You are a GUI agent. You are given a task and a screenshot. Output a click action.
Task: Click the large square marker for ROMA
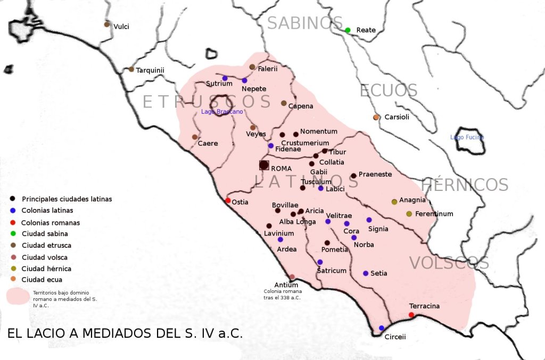tap(264, 165)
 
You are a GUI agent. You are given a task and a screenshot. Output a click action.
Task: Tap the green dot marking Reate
tap(348, 30)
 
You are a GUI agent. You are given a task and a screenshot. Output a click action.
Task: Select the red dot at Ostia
tap(228, 200)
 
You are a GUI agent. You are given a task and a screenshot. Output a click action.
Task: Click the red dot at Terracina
tap(411, 315)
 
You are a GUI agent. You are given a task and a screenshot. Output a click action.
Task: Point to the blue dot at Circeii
tap(382, 328)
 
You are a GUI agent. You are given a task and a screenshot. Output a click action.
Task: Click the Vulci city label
tap(121, 27)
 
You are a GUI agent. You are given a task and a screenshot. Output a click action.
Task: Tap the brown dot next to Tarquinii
tap(131, 70)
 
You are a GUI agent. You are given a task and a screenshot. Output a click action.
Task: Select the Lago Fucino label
tap(467, 137)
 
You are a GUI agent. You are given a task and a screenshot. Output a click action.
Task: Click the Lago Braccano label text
tap(222, 112)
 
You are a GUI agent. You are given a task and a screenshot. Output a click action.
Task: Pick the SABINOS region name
tap(305, 23)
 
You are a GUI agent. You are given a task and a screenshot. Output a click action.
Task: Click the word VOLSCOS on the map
tap(449, 263)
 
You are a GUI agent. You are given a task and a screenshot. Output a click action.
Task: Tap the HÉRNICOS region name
tap(465, 185)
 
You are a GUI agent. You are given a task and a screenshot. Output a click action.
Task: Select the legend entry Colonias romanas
tap(51, 223)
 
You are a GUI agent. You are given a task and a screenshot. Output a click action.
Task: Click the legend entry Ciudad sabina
tap(45, 234)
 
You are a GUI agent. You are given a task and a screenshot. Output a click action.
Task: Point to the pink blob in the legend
tap(17, 297)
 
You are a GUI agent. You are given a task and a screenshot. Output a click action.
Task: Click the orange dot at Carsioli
tap(376, 117)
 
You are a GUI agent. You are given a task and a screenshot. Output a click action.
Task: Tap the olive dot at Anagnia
tap(394, 202)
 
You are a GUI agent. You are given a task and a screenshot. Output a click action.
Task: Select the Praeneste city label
tap(375, 174)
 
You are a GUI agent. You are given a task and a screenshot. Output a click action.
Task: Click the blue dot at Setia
tap(366, 273)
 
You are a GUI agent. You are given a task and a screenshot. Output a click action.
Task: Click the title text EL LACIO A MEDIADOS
tap(125, 334)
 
